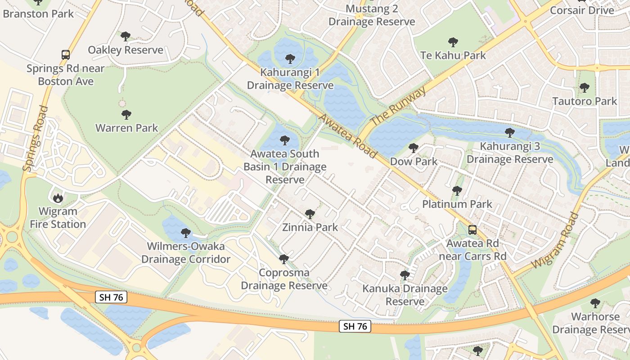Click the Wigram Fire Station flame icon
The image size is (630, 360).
(58, 198)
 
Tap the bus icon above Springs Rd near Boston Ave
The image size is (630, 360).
(66, 55)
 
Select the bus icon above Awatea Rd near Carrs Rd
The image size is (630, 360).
(472, 230)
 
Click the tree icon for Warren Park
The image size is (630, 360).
(126, 115)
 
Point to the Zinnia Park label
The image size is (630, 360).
(310, 227)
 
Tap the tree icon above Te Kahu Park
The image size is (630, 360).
(453, 42)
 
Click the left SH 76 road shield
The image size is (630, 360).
(111, 297)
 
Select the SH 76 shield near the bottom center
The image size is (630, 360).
(355, 326)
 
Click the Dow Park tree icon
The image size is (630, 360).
(413, 148)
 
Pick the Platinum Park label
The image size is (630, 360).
(457, 204)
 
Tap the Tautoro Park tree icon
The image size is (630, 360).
(584, 88)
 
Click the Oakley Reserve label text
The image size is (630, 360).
(126, 49)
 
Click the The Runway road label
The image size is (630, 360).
(398, 106)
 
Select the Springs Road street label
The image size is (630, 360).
(35, 138)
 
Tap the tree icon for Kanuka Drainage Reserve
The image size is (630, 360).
(405, 275)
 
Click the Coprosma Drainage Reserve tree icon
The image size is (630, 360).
(283, 259)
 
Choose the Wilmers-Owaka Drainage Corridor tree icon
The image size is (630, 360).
(185, 233)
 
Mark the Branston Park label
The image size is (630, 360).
(38, 13)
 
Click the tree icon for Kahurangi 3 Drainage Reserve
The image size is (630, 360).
(509, 133)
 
